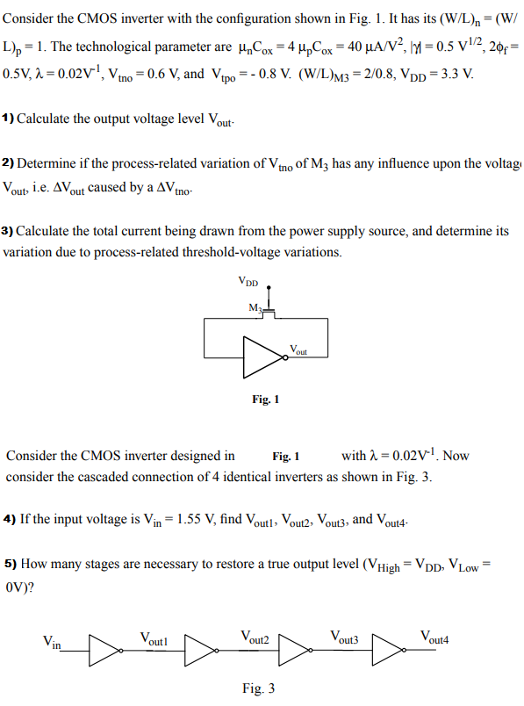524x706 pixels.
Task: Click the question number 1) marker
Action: click(x=9, y=118)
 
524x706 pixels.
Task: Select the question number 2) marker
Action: click(x=9, y=164)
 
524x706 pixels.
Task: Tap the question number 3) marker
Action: click(x=9, y=232)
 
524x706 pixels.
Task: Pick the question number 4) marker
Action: click(x=10, y=519)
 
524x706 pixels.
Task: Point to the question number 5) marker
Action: click(x=10, y=564)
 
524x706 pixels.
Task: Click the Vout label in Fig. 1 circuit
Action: click(x=299, y=350)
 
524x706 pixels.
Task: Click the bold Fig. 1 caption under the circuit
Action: click(x=264, y=400)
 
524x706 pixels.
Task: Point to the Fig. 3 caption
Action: click(x=258, y=688)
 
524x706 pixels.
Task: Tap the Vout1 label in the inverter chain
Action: click(x=154, y=638)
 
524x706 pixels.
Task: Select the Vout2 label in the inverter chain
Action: click(x=255, y=638)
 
